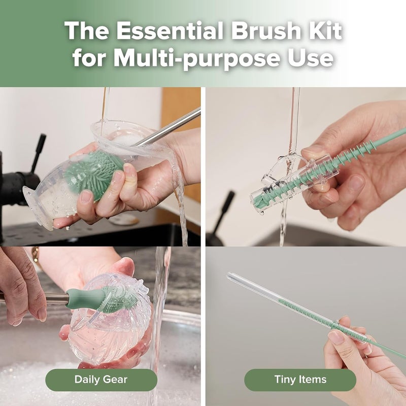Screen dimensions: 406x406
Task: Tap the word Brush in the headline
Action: pyautogui.click(x=260, y=31)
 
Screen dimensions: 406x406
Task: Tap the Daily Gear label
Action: pyautogui.click(x=101, y=380)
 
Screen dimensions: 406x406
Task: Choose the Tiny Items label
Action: pyautogui.click(x=300, y=380)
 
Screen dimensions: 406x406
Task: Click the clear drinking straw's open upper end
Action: pyautogui.click(x=231, y=277)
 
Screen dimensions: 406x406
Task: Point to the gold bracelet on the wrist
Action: pyautogui.click(x=36, y=257)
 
